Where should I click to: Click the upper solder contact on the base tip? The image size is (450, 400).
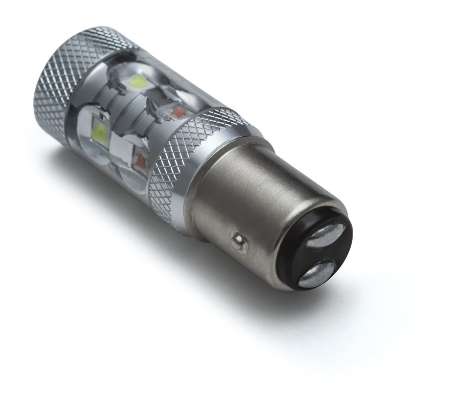(x=326, y=236)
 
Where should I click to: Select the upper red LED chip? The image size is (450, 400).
(x=177, y=111)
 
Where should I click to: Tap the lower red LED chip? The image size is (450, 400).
(x=141, y=160)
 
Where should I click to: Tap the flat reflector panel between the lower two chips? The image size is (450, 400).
(x=120, y=147)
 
